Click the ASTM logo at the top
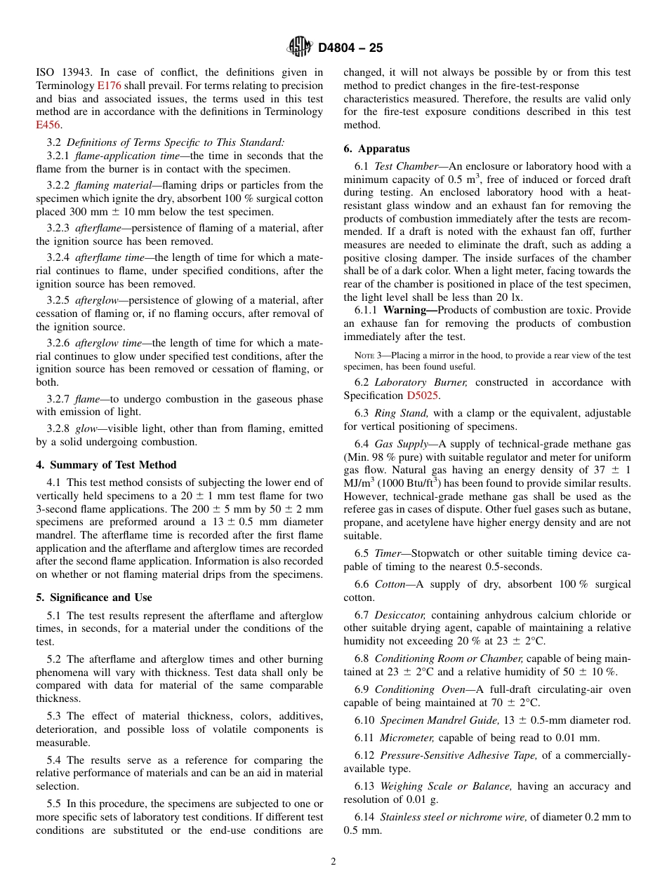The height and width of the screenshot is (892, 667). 300,48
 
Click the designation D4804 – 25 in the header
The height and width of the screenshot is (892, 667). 350,48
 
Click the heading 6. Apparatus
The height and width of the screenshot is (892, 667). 377,149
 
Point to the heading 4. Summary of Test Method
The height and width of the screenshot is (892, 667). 106,465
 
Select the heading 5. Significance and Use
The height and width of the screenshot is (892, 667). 94,597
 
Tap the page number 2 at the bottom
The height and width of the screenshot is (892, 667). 333,862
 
